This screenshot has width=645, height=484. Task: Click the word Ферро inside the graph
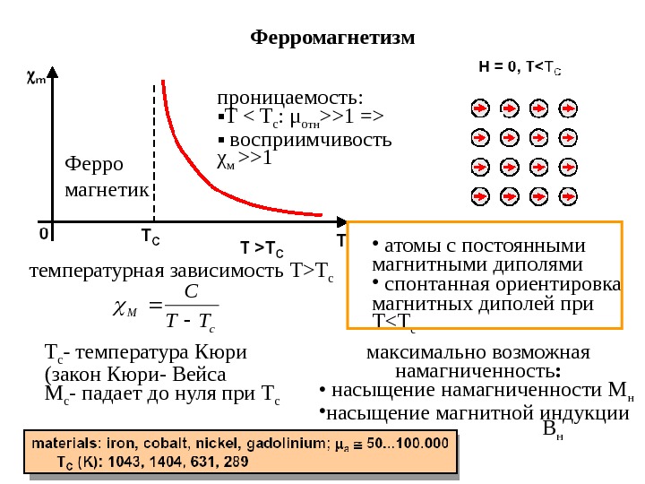click(x=97, y=165)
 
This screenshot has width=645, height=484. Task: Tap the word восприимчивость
click(x=311, y=141)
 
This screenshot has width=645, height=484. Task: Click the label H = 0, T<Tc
click(x=520, y=66)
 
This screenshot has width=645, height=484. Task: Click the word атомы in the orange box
click(x=408, y=246)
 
